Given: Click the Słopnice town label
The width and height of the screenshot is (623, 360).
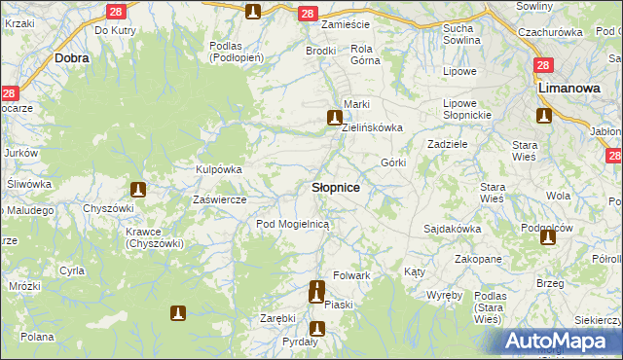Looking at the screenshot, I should (x=336, y=187).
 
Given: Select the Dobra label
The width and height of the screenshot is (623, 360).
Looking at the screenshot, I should (x=73, y=58).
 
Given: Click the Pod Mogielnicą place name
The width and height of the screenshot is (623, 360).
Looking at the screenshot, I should (x=293, y=224).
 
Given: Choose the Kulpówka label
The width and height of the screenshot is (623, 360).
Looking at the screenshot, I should (x=219, y=169).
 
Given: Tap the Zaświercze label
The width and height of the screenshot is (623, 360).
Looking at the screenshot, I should (x=220, y=199).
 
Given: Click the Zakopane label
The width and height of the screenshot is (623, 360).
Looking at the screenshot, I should (x=477, y=260).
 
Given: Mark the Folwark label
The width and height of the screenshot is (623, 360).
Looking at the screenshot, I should (x=352, y=275).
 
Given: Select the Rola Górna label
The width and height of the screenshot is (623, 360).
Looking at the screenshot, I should (x=365, y=54).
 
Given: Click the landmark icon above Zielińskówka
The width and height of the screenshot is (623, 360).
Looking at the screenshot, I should (x=335, y=119).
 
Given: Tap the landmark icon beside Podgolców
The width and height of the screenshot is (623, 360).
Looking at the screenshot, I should (x=547, y=236).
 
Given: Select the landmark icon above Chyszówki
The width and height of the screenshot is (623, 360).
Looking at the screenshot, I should (x=138, y=189).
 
